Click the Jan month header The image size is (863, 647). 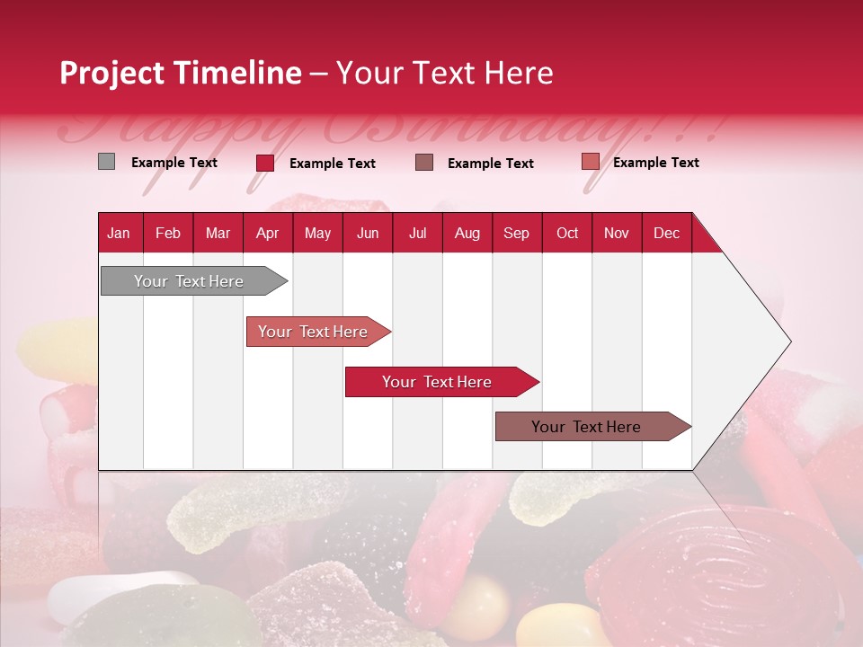(119, 233)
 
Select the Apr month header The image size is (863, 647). (267, 233)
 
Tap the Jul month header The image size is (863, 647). (417, 233)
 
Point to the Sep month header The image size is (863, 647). (516, 233)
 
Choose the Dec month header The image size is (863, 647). (666, 233)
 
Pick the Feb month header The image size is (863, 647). (168, 233)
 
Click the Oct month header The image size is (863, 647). (567, 233)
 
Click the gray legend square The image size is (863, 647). (106, 162)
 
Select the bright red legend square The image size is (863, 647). (265, 163)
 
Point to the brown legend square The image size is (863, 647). (424, 163)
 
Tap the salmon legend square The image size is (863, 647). (590, 162)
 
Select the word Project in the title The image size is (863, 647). (112, 73)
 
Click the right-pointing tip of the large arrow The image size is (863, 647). (787, 341)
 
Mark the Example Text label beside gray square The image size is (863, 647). (174, 163)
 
